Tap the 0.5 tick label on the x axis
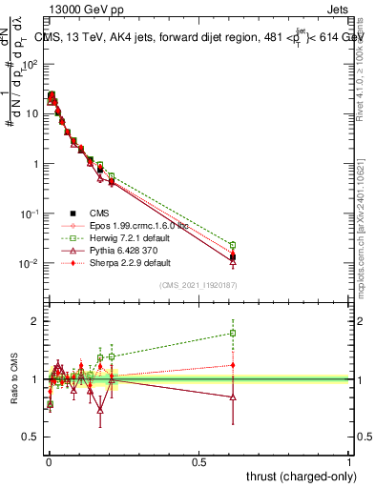click(198, 461)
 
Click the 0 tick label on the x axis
click(48, 461)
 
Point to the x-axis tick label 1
click(350, 461)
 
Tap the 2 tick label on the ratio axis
click(35, 321)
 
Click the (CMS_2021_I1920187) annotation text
click(198, 286)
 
